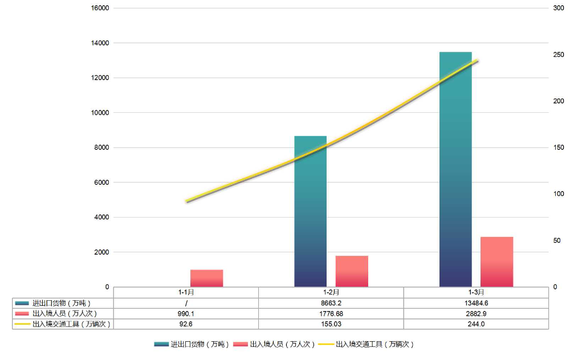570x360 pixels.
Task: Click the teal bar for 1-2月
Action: pyautogui.click(x=310, y=211)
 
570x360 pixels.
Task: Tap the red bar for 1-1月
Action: pyautogui.click(x=206, y=278)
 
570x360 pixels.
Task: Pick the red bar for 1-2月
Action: pyautogui.click(x=352, y=271)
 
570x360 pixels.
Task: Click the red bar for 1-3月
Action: pyautogui.click(x=496, y=261)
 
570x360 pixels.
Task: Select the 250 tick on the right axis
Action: pyautogui.click(x=558, y=55)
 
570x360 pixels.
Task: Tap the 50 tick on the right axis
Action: pyautogui.click(x=556, y=240)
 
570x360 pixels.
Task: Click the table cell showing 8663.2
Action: pyautogui.click(x=331, y=303)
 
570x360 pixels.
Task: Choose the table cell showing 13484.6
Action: pyautogui.click(x=476, y=303)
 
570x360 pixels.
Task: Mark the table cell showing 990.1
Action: pyautogui.click(x=186, y=313)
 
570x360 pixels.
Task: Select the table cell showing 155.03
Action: pyautogui.click(x=331, y=324)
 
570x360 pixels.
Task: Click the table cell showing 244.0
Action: pyautogui.click(x=476, y=324)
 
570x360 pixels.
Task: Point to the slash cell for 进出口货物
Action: pyautogui.click(x=186, y=303)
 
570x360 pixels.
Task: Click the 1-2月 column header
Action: pyautogui.click(x=331, y=292)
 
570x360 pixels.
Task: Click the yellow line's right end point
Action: pyautogui.click(x=477, y=60)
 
